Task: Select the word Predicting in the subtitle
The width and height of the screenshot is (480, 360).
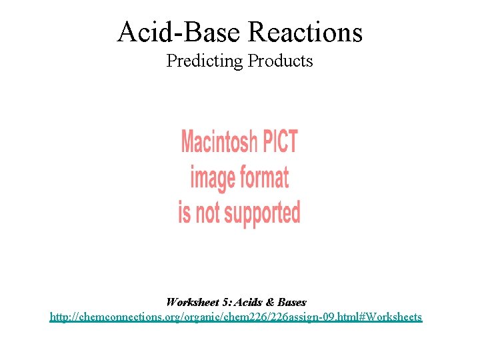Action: click(x=204, y=61)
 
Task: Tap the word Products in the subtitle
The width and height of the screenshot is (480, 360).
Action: click(x=280, y=61)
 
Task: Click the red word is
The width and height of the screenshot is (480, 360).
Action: click(x=184, y=213)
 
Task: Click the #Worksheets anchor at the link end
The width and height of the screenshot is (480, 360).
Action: click(x=393, y=317)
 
